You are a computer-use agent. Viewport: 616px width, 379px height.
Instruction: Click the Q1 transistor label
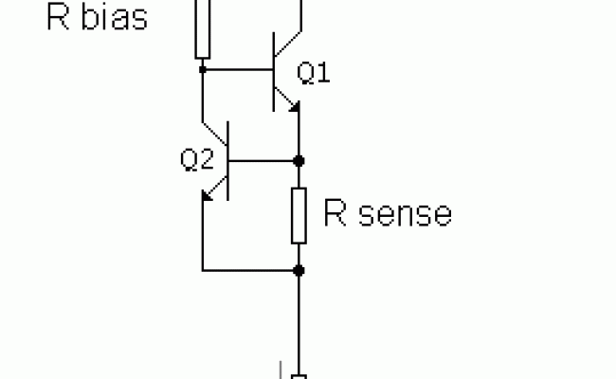pyautogui.click(x=314, y=73)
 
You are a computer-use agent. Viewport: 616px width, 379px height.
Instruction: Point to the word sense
pyautogui.click(x=401, y=214)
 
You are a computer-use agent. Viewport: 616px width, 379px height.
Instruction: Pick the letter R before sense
pyautogui.click(x=335, y=214)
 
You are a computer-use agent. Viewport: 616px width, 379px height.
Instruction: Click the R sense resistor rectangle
pyautogui.click(x=299, y=214)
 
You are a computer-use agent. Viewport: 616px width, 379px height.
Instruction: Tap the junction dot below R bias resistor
pyautogui.click(x=202, y=68)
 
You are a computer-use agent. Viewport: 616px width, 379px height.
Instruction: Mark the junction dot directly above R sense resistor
pyautogui.click(x=299, y=160)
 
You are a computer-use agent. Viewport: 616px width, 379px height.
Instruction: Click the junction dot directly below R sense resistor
pyautogui.click(x=299, y=270)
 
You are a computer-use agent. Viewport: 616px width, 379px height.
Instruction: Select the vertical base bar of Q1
pyautogui.click(x=274, y=68)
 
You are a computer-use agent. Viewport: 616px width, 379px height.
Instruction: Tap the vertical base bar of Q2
pyautogui.click(x=229, y=160)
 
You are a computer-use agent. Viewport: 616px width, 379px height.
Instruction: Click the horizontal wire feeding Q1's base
pyautogui.click(x=237, y=68)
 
